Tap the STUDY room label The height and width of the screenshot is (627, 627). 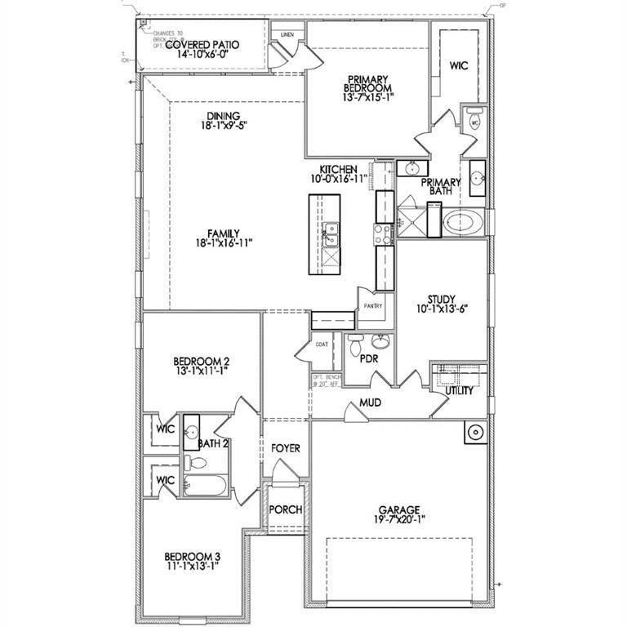point(441,300)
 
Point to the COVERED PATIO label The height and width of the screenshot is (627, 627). point(202,44)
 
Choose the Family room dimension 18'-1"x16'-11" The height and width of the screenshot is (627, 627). point(200,243)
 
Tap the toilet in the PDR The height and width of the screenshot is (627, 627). point(354,348)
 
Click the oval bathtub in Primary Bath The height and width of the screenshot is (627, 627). point(462,221)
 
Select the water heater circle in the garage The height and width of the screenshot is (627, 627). point(473,431)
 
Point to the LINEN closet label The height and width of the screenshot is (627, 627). point(287,34)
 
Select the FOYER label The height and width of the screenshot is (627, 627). point(286,448)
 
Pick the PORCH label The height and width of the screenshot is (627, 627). point(286,509)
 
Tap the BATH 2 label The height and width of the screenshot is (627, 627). point(212,444)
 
